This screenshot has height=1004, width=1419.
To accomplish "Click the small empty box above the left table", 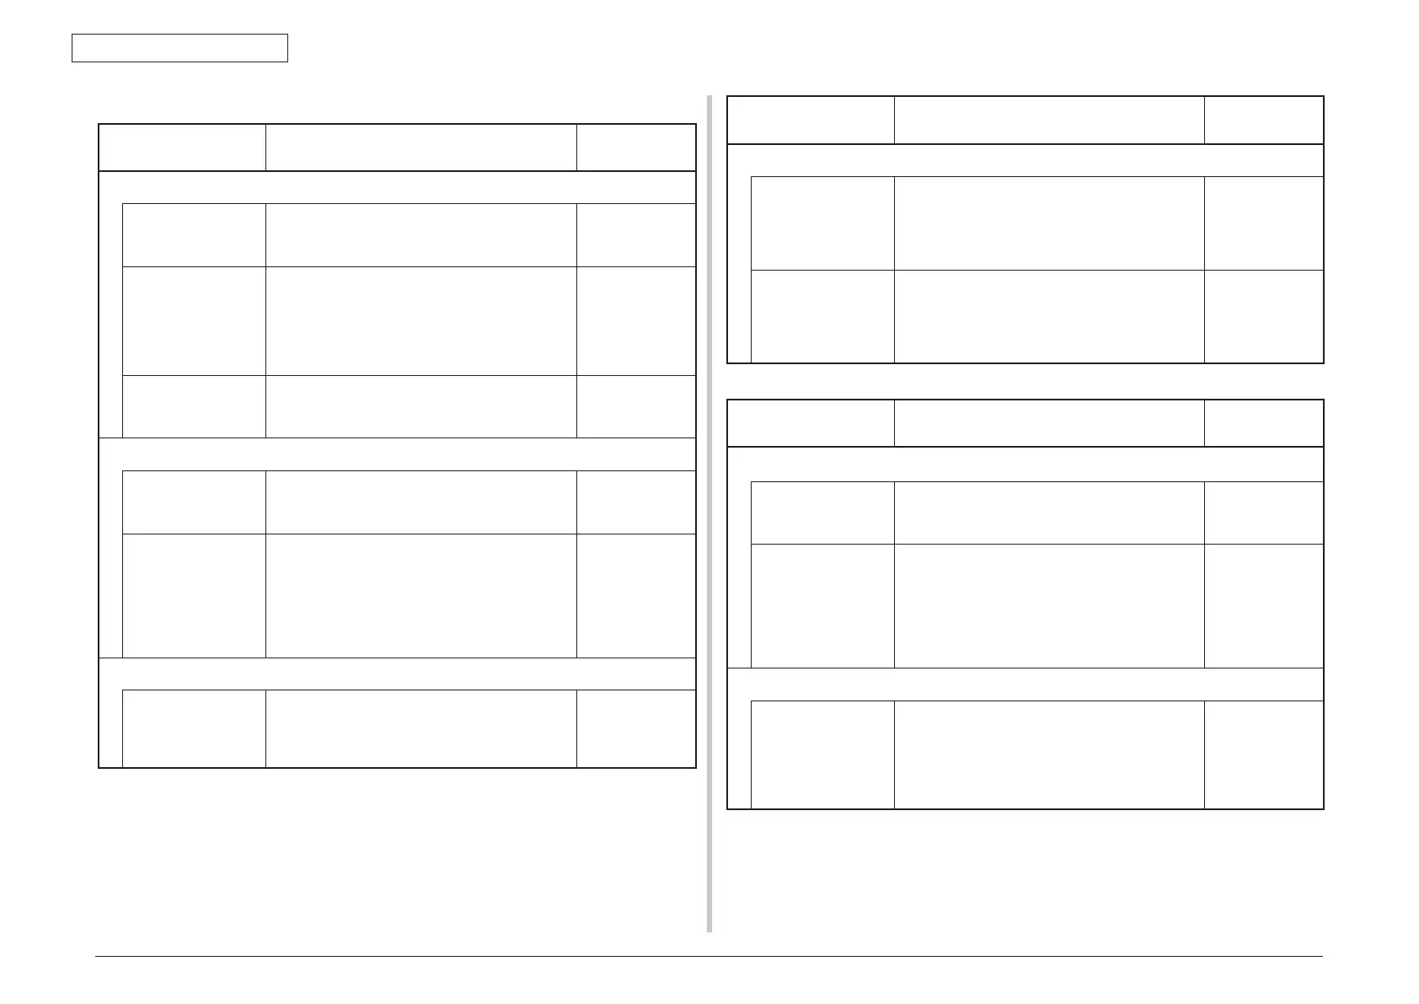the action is [179, 48].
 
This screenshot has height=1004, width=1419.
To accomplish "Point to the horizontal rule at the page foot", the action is [708, 957].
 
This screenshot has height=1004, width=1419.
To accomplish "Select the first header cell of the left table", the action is [182, 148].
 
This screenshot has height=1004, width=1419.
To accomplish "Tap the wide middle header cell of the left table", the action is [420, 148].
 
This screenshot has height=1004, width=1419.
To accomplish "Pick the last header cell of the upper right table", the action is [1263, 120].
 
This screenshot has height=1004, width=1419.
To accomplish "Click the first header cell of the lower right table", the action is [810, 423].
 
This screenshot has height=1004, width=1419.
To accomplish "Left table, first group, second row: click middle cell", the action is [420, 321].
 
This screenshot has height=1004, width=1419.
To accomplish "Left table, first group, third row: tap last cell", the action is [635, 406].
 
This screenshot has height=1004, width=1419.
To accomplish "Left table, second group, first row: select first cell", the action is [194, 502].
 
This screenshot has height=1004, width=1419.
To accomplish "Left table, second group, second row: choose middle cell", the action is [420, 595].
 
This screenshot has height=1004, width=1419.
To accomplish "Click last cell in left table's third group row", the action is [635, 728].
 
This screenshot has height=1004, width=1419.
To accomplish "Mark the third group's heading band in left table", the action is [397, 674].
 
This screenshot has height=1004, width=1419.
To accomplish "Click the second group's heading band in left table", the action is [397, 454].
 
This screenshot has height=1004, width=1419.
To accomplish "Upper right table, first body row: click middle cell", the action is [1048, 223].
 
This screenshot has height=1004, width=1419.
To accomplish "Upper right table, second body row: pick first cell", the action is [822, 316].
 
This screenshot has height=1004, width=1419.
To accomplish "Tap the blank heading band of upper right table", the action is [1025, 160].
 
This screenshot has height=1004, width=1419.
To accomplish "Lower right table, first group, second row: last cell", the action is [1263, 605].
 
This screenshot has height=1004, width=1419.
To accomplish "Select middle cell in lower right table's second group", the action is [1048, 754].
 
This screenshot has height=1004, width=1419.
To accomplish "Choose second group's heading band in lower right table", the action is [1025, 684].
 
